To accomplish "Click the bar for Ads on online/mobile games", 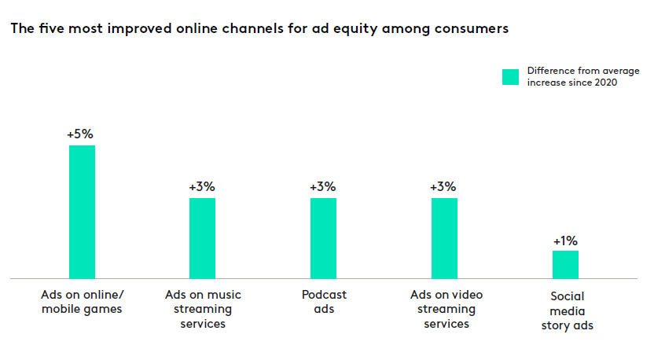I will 83,211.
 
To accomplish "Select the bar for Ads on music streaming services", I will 203,237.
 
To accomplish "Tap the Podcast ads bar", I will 323,237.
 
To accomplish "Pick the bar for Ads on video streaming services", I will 444,237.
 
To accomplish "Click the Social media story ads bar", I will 565,264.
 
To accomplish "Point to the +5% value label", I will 81,134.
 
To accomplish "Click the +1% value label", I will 566,241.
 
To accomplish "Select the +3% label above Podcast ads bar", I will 323,187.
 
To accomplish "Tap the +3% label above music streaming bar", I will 202,187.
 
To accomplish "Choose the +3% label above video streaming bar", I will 443,187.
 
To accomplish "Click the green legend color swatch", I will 511,76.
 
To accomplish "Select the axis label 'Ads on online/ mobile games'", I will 83,302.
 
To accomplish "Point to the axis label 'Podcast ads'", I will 323,302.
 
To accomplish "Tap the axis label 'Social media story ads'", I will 566,310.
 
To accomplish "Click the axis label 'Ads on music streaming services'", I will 203,309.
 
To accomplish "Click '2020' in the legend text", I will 603,83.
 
